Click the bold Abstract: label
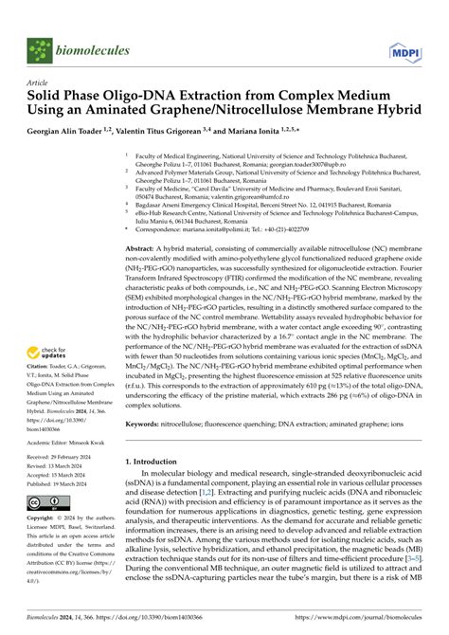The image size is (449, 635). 142,245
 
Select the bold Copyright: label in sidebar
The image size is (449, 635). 43,519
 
